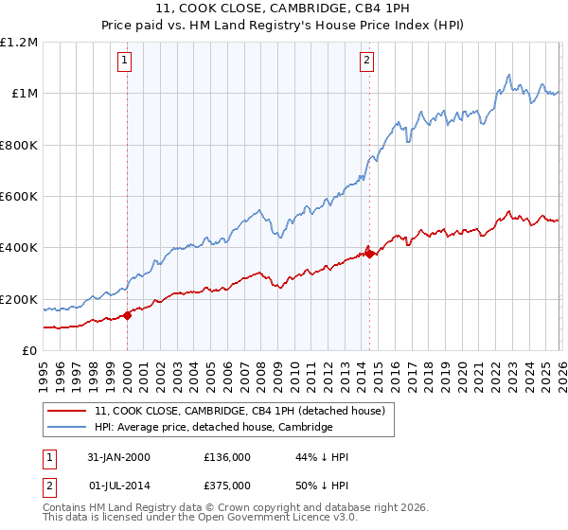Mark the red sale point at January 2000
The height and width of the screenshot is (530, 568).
pyautogui.click(x=128, y=316)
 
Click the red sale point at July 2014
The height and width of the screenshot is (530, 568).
pyautogui.click(x=368, y=254)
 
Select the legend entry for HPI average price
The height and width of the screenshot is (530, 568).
pyautogui.click(x=213, y=428)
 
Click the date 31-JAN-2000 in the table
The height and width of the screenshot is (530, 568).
pyautogui.click(x=119, y=457)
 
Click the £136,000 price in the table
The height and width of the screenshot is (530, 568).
pyautogui.click(x=227, y=457)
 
